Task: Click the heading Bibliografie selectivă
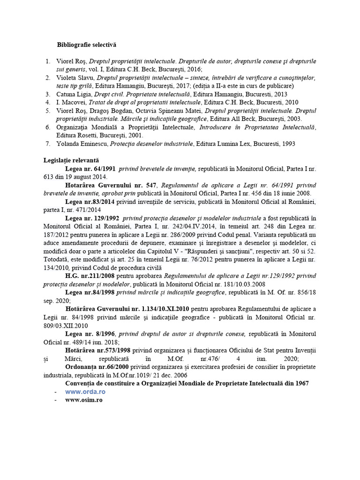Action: coord(86,45)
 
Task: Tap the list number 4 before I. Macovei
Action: coord(47,102)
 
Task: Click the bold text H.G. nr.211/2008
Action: coord(90,275)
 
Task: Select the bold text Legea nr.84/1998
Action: coord(90,292)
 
